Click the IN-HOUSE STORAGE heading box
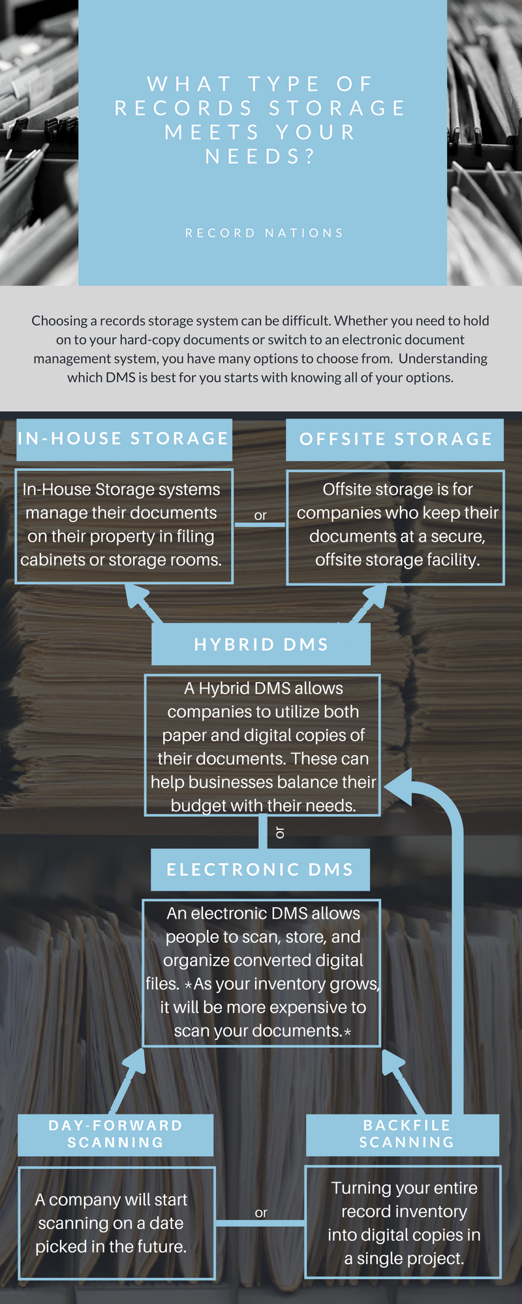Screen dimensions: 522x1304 point(124,439)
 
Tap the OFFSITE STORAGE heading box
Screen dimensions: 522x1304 point(395,439)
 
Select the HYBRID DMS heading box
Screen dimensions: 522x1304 point(261,644)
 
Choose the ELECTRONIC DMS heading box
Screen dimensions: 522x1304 point(260,870)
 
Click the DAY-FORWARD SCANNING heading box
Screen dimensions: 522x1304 point(115,1134)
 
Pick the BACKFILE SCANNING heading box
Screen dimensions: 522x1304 point(403,1134)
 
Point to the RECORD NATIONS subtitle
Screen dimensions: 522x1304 point(264,233)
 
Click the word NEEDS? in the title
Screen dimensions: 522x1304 point(260,156)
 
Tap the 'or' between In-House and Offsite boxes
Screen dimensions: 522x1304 point(260,515)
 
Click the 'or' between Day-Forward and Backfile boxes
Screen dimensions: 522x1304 point(261,1213)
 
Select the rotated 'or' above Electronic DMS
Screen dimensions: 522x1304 point(280,833)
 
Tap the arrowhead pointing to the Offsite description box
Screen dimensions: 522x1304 point(375,595)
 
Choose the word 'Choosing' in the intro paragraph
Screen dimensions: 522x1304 point(59,321)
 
